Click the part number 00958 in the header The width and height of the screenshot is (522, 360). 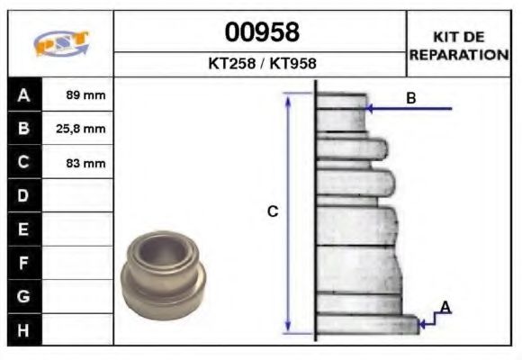262,33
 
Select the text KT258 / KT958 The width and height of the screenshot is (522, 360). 262,64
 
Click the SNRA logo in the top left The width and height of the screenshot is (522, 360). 60,44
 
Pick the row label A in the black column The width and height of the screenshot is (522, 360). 23,94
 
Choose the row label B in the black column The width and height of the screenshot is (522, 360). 23,129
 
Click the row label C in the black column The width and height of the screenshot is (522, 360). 23,162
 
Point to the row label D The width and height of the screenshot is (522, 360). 23,195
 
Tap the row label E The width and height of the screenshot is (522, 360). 23,229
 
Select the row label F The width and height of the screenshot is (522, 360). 23,263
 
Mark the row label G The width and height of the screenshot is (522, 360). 23,296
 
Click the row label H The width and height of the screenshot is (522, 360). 23,329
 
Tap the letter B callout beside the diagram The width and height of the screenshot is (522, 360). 411,98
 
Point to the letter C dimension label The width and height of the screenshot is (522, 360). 273,211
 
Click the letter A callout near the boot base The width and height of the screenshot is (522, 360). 445,308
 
